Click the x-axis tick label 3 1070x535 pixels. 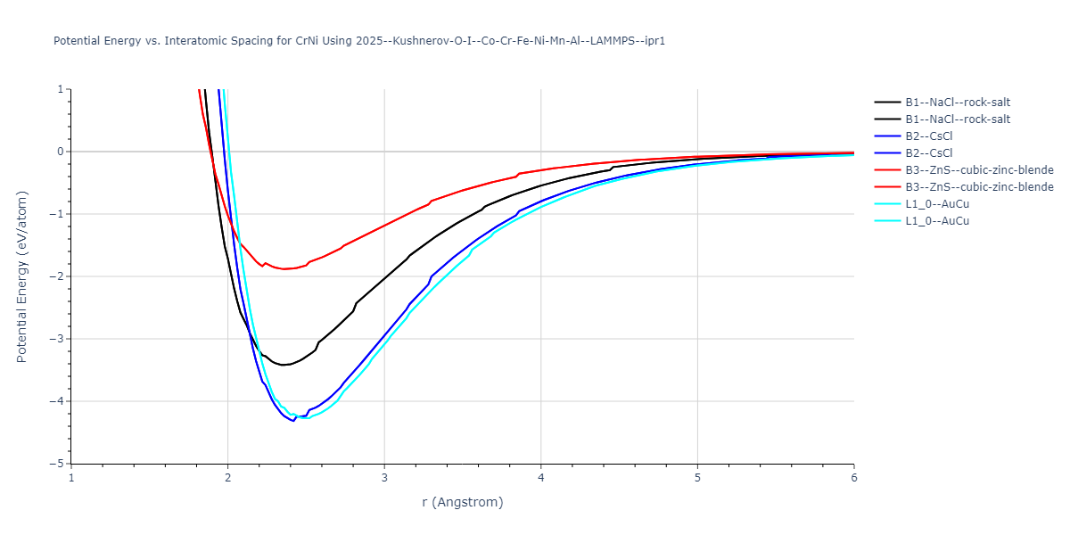click(x=384, y=477)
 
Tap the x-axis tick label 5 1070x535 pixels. click(x=697, y=477)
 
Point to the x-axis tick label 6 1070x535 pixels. click(x=853, y=477)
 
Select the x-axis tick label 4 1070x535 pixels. click(x=541, y=477)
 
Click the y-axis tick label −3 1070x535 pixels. click(x=59, y=339)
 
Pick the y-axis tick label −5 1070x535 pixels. click(x=59, y=464)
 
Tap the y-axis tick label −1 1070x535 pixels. click(x=59, y=214)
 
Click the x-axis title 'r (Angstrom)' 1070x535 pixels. click(x=463, y=502)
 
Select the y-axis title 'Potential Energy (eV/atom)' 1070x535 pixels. click(x=22, y=276)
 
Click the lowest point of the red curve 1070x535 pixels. click(x=284, y=269)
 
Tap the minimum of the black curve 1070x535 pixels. click(x=283, y=365)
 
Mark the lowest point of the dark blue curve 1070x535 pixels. click(x=293, y=420)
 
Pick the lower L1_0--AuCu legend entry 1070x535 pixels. click(x=937, y=221)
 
